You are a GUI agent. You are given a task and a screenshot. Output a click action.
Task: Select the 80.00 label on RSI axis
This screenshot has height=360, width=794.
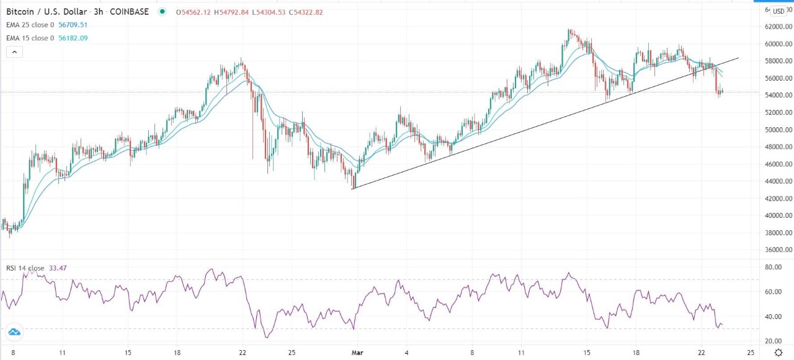pos(772,268)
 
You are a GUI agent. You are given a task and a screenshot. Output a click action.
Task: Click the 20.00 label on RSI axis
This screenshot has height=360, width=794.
pos(772,341)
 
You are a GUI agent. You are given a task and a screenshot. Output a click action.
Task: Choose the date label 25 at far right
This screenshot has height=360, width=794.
pos(751,352)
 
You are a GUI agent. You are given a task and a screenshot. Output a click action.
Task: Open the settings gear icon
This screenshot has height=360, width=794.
pos(778,352)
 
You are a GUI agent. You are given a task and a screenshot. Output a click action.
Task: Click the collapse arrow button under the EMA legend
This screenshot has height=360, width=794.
pos(14,52)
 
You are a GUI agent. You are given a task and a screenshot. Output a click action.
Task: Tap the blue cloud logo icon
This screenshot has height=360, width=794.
pos(14,332)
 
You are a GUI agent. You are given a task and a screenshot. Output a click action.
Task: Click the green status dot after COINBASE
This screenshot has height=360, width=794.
pos(163,12)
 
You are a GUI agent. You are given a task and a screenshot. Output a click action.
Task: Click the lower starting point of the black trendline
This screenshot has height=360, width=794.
pos(352,189)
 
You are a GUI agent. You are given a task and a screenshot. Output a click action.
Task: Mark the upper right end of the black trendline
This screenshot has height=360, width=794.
pos(738,58)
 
